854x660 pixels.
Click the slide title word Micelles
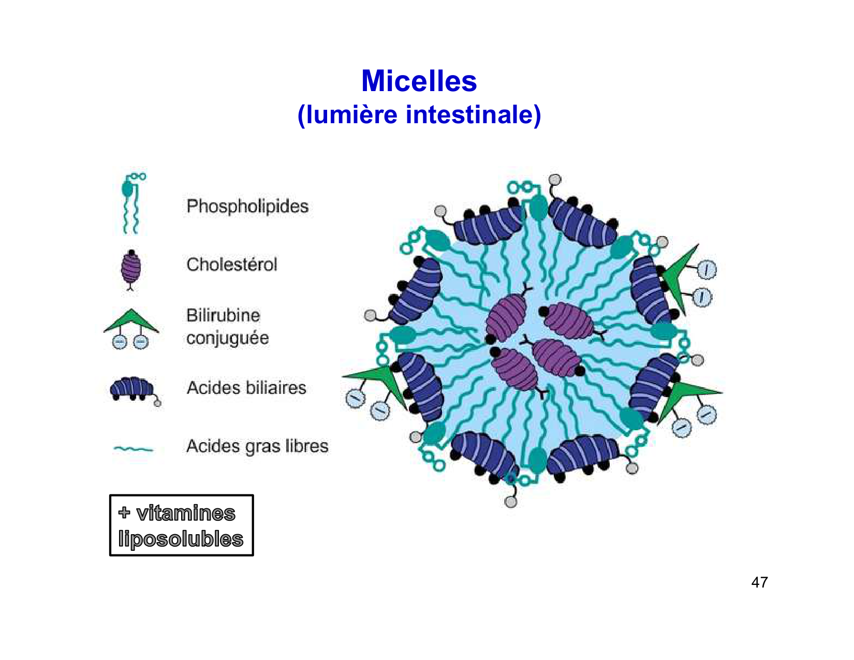(419, 81)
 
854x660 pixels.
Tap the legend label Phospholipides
(247, 207)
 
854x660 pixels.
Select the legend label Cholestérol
(231, 265)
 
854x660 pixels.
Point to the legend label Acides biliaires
(246, 388)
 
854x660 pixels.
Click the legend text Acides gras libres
(257, 446)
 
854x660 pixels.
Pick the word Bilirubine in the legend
(223, 315)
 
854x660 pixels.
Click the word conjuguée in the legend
(227, 338)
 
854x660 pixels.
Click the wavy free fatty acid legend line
(133, 448)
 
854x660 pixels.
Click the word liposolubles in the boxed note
(181, 539)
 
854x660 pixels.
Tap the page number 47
(759, 582)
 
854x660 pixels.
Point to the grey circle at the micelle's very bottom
(510, 502)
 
